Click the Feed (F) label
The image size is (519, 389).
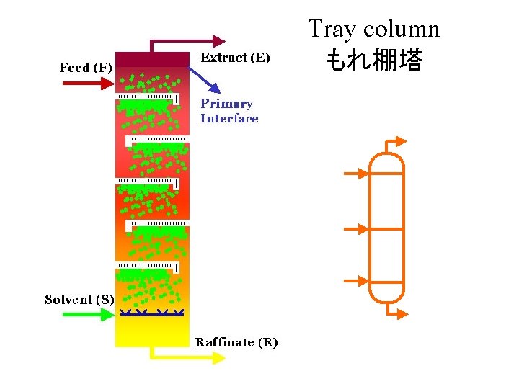coord(85,68)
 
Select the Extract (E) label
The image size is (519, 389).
coord(235,57)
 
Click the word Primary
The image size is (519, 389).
coord(226,104)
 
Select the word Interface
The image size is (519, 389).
coord(229,119)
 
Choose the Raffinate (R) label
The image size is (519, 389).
coord(236,342)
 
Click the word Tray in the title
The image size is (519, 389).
coord(333,30)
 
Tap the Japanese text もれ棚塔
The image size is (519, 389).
coord(373,60)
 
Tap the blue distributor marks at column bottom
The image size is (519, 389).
coord(153,313)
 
